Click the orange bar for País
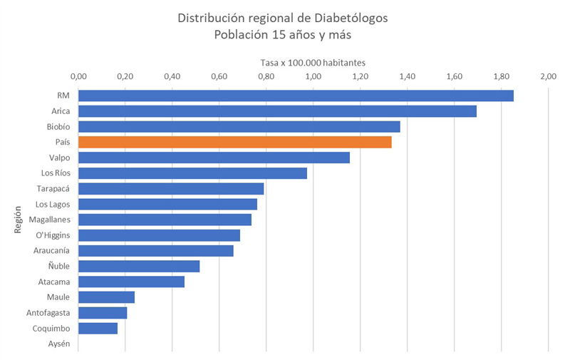tap(235, 142)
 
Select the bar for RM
tap(296, 96)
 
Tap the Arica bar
tap(277, 111)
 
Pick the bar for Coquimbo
tap(98, 328)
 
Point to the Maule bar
tap(107, 297)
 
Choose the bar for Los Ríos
tap(192, 173)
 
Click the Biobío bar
tap(239, 126)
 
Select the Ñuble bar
tap(139, 266)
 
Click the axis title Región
tap(19, 219)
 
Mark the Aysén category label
tap(58, 344)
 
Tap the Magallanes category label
tap(50, 220)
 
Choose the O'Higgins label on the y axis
tap(53, 235)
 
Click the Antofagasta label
tap(48, 313)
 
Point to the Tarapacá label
tap(53, 189)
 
